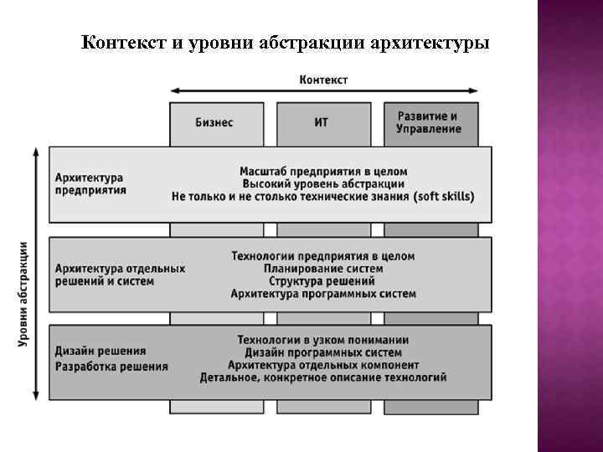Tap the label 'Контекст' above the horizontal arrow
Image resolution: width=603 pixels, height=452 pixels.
pyautogui.click(x=323, y=80)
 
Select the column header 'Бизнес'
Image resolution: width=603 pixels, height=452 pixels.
pyautogui.click(x=214, y=122)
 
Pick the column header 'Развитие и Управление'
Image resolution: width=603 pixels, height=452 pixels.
pyautogui.click(x=428, y=122)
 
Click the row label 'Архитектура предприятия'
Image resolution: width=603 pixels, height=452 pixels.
pyautogui.click(x=90, y=184)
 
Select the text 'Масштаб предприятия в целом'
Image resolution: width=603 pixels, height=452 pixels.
pyautogui.click(x=322, y=171)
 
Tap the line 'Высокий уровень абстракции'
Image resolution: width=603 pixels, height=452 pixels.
pyautogui.click(x=322, y=183)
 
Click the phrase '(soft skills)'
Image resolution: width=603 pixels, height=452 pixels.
pyautogui.click(x=444, y=197)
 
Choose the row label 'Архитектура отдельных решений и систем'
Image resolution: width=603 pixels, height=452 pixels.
pyautogui.click(x=120, y=275)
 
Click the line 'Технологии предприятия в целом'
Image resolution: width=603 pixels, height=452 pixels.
pyautogui.click(x=322, y=256)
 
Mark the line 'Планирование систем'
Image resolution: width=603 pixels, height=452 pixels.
pyautogui.click(x=322, y=269)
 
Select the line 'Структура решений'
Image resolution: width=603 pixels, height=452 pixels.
pyautogui.click(x=322, y=281)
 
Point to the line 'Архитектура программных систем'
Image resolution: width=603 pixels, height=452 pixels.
pyautogui.click(x=322, y=294)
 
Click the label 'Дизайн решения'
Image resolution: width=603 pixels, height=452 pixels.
pyautogui.click(x=100, y=351)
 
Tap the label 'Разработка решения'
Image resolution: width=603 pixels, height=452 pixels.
pyautogui.click(x=111, y=367)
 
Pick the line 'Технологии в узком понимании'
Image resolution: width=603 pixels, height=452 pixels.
pyautogui.click(x=322, y=340)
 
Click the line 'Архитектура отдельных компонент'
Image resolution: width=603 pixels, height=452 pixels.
pyautogui.click(x=322, y=365)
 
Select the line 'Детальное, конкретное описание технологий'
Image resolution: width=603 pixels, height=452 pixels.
pyautogui.click(x=322, y=378)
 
